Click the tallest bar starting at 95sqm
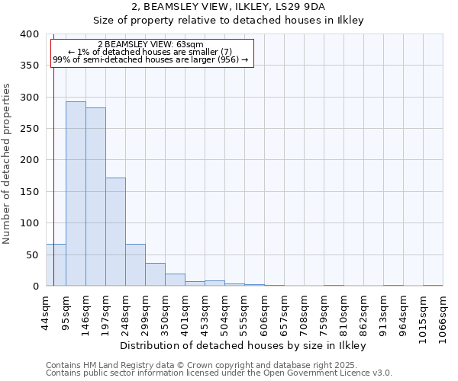coord(76,194)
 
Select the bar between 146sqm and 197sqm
coord(95,197)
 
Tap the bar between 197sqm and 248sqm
coord(115,232)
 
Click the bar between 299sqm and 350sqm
coord(155,274)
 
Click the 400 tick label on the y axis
coord(29,34)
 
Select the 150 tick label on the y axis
coord(29,192)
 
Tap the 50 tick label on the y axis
coord(32,255)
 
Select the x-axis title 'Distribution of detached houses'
coord(244,346)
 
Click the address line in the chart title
coord(229,7)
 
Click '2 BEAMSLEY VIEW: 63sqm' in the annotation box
coord(150,44)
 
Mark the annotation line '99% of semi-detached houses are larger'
coord(150,59)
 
